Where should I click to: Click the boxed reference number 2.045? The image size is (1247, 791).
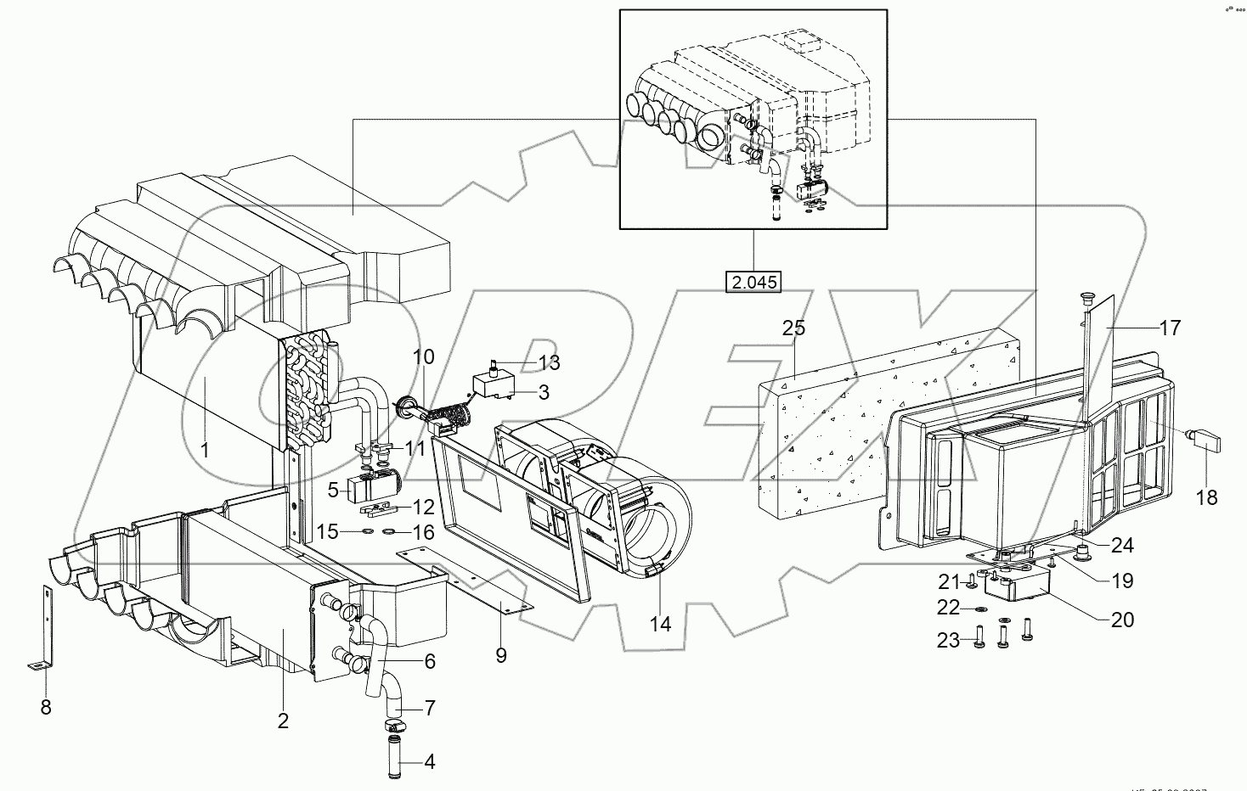point(753,282)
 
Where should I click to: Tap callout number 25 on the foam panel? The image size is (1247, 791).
point(793,328)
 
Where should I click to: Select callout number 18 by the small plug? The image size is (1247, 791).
point(1206,497)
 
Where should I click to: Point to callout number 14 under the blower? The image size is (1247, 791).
point(660,624)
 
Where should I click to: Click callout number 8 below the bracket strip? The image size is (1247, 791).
point(46,706)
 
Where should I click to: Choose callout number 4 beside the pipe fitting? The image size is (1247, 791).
point(429,761)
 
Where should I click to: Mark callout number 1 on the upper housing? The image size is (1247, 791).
point(205,449)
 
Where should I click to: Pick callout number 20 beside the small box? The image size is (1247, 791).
point(1122,620)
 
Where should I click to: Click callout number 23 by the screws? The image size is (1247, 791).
point(948,640)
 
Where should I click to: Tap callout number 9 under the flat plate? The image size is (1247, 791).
point(500,655)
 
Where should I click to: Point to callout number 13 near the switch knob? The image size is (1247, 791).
point(549,363)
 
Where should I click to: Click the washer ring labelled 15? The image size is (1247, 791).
point(364,532)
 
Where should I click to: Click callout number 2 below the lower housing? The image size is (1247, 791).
point(283,721)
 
